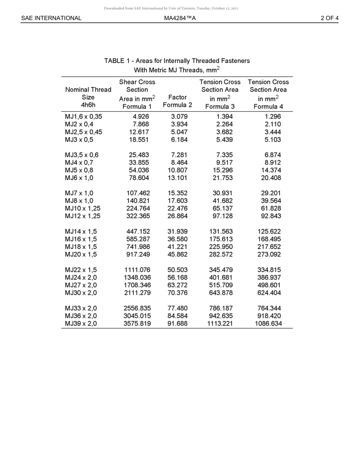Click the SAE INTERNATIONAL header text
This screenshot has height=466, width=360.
51,18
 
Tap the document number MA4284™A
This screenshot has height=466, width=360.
180,18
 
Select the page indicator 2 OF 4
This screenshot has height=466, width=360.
329,18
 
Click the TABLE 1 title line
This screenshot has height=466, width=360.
177,61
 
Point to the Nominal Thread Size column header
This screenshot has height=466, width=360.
88,97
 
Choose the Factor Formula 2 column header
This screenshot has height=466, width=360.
177,101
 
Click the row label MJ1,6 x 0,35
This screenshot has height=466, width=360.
83,117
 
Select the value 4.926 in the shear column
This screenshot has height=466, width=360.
141,117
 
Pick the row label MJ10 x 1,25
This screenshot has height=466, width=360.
83,208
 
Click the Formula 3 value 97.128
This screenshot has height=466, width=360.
222,216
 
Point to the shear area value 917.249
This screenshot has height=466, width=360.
138,254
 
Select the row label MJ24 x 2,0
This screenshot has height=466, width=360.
81,277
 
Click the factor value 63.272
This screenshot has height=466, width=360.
177,285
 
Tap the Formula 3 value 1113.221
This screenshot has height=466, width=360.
220,324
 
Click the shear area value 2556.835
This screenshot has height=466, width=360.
137,308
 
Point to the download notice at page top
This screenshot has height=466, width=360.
171,8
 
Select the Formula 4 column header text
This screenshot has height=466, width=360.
268,106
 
